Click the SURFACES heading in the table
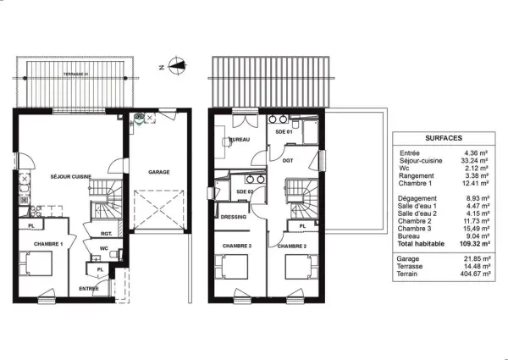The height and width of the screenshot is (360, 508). point(443,137)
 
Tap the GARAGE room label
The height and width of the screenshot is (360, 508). point(159,172)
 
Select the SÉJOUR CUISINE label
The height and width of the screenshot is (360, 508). point(71,176)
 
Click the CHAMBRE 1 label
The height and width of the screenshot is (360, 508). point(48,244)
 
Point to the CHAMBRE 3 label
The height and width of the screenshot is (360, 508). point(236,246)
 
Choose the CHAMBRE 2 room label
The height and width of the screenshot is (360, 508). point(291,246)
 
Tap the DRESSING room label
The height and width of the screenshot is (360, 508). point(233,217)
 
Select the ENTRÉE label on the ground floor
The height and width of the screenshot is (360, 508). point(88,289)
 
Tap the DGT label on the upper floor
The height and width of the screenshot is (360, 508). point(288,160)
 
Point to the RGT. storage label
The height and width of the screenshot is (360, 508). point(107,233)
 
